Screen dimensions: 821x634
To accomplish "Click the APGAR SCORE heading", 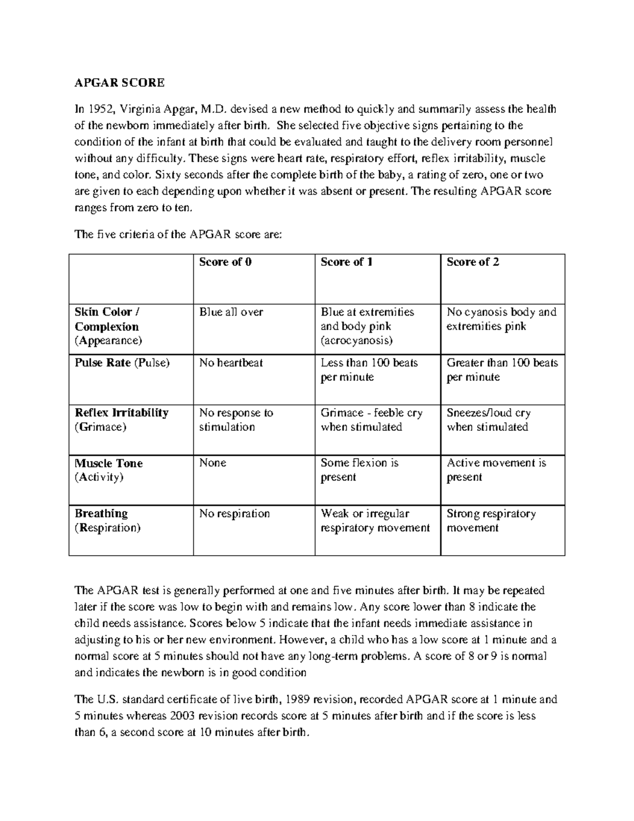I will pos(119,82).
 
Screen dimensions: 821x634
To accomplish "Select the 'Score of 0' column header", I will pos(225,262).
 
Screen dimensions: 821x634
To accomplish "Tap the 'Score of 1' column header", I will pos(347,262).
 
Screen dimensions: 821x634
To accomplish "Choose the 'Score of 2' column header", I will pos(473,262).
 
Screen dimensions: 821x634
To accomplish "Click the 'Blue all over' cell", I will pos(231,312).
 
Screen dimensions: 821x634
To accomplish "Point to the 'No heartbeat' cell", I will pos(231,363).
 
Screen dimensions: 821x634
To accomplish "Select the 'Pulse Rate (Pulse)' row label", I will pos(122,363).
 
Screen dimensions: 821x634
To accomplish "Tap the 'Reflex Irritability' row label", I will pos(122,413).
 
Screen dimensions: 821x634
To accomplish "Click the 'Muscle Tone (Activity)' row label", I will pos(108,470).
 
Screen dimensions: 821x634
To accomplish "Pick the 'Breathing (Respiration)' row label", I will pos(107,521).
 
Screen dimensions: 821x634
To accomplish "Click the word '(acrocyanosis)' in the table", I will pos(357,340).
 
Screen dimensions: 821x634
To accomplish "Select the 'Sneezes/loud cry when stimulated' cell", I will pos(488,420).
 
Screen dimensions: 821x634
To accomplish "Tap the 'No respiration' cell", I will pos(234,514).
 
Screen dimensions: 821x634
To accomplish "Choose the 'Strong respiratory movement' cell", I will pos(491,521).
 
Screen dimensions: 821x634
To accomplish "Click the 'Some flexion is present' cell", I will pos(359,470).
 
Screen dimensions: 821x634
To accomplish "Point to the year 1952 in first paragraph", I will pos(101,110).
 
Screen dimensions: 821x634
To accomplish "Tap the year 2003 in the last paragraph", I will pos(185,716).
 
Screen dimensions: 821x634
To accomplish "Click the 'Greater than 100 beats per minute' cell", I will pos(502,370).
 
